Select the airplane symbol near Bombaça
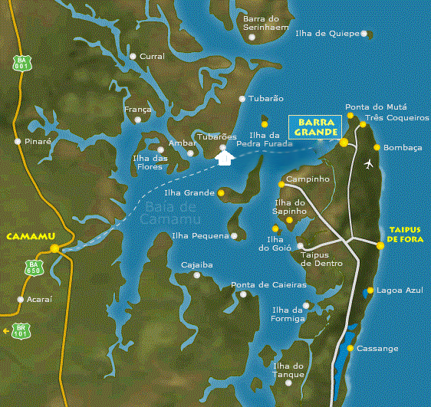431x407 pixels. pos(370,164)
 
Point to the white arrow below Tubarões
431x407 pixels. pos(224,159)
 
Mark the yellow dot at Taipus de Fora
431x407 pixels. pos(380,245)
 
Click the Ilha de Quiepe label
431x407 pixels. pos(327,34)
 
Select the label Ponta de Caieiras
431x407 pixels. pos(268,285)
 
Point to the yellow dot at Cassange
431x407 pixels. pos(351,348)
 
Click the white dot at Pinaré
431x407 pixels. pos(17,141)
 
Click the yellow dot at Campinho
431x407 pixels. pos(281,184)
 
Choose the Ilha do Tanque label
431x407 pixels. pos(288,370)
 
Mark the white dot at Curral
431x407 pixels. pos(133,56)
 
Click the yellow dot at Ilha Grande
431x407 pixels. pos(222,193)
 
